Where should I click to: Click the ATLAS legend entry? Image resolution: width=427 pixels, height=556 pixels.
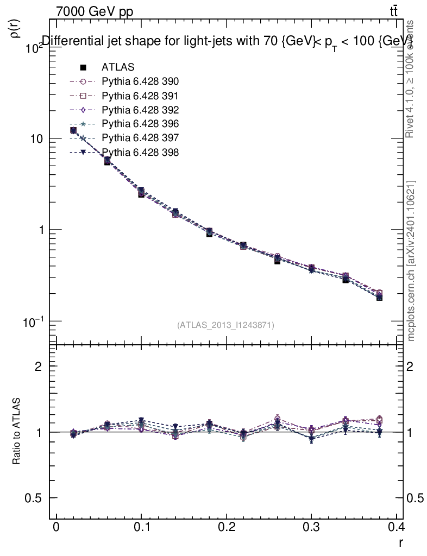(118, 67)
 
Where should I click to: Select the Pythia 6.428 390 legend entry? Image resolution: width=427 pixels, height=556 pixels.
(140, 81)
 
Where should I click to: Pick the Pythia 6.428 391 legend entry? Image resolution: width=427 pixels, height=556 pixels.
(140, 96)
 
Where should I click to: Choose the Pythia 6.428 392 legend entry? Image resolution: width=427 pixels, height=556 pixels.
(140, 110)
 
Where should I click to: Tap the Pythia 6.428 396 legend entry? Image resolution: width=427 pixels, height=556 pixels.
(140, 124)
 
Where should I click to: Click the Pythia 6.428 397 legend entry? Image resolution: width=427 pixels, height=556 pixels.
(140, 138)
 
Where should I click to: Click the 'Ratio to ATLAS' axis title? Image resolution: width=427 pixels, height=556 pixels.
(17, 432)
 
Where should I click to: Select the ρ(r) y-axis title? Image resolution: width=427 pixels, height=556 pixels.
(16, 29)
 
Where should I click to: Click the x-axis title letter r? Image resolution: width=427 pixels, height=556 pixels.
(400, 542)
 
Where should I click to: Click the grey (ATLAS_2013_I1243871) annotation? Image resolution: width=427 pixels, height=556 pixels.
(225, 325)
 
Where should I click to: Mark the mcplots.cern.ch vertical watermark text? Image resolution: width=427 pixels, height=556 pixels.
(411, 261)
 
